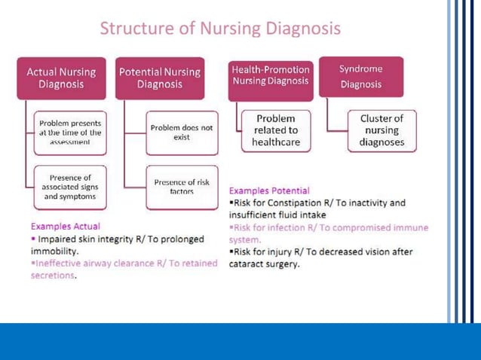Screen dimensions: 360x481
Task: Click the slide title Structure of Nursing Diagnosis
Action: [x=220, y=29]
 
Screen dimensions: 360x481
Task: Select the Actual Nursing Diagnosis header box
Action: [x=61, y=78]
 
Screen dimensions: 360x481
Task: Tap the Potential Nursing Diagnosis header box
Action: [x=159, y=78]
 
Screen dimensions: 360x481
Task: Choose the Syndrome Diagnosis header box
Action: [x=360, y=76]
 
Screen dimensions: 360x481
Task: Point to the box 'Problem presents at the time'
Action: [x=71, y=132]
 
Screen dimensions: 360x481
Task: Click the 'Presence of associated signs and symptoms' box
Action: [x=71, y=188]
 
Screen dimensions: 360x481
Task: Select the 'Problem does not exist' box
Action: [x=181, y=133]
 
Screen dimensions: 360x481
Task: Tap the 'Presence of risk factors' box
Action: [x=181, y=187]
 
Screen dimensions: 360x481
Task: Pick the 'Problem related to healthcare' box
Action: [x=275, y=130]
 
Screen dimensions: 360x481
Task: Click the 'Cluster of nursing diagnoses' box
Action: [x=381, y=130]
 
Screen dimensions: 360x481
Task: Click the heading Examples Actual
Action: [x=65, y=226]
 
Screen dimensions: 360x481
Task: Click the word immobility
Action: [x=54, y=251]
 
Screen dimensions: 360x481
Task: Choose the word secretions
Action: [x=53, y=276]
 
